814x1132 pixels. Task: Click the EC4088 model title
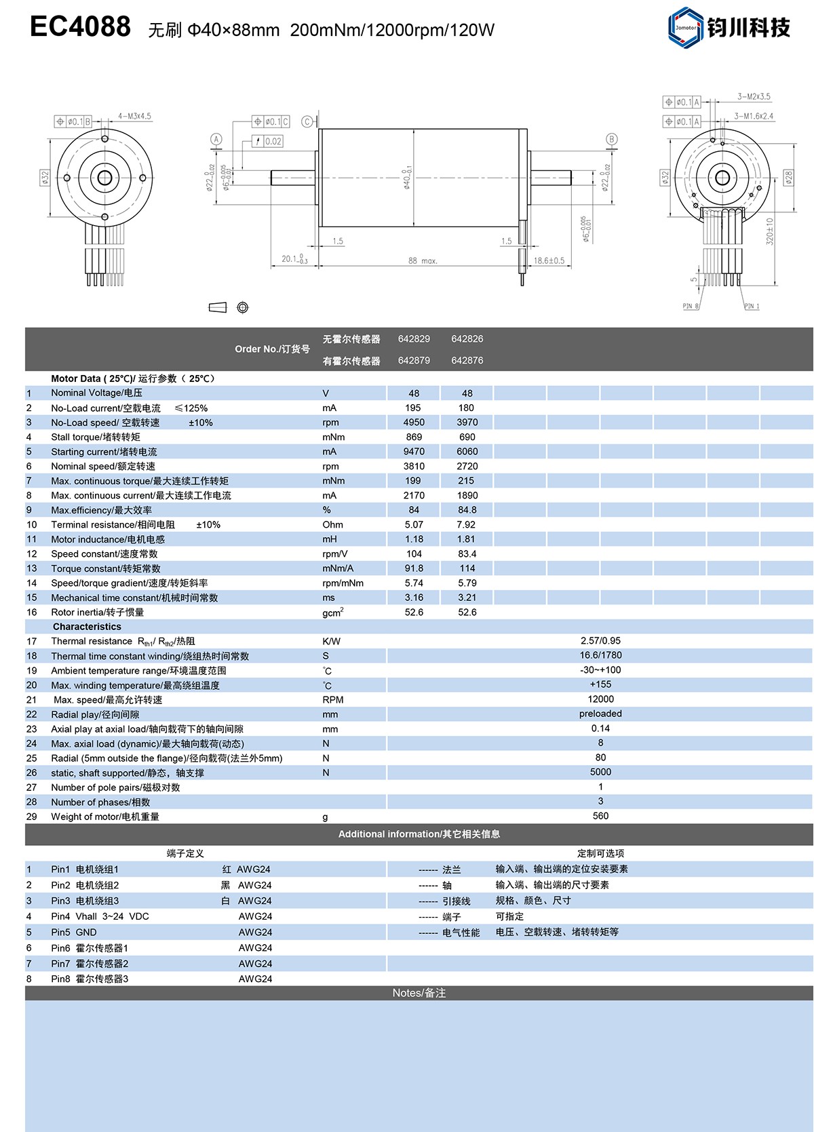coord(80,27)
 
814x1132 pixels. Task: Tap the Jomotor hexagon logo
coord(686,27)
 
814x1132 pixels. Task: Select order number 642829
coord(414,339)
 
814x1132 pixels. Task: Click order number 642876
coord(467,361)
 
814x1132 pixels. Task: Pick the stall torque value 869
coord(414,437)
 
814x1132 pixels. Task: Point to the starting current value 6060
coord(467,452)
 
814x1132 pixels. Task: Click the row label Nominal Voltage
coord(96,393)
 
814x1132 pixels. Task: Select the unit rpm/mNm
coord(343,583)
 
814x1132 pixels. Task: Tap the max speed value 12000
coord(600,699)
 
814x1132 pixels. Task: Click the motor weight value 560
coord(600,816)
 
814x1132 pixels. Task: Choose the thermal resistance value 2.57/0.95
coord(600,641)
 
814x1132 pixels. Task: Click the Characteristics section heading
coord(87,627)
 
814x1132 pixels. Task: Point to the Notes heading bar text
coord(419,993)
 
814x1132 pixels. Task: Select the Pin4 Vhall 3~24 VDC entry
coord(100,916)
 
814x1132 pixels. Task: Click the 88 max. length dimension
coord(423,260)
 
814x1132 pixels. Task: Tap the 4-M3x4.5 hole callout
coord(134,116)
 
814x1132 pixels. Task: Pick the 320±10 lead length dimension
coord(770,231)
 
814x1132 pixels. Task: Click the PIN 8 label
coord(690,307)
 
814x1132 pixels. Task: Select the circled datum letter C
coord(307,122)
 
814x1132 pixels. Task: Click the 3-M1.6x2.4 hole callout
coord(754,116)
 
